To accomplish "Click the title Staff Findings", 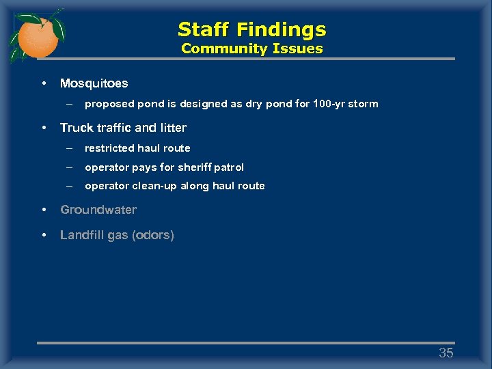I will tap(251, 29).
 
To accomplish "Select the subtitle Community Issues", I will tap(251, 49).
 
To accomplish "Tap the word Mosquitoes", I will tap(94, 83).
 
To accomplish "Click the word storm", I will tap(364, 104).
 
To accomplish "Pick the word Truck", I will tap(74, 128).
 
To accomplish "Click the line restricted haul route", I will tap(137, 148).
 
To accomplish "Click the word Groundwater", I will tap(98, 210).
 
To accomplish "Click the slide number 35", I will tap(446, 353).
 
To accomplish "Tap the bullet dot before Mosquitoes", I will tap(43, 83).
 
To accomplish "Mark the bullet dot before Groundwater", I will tap(43, 210).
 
